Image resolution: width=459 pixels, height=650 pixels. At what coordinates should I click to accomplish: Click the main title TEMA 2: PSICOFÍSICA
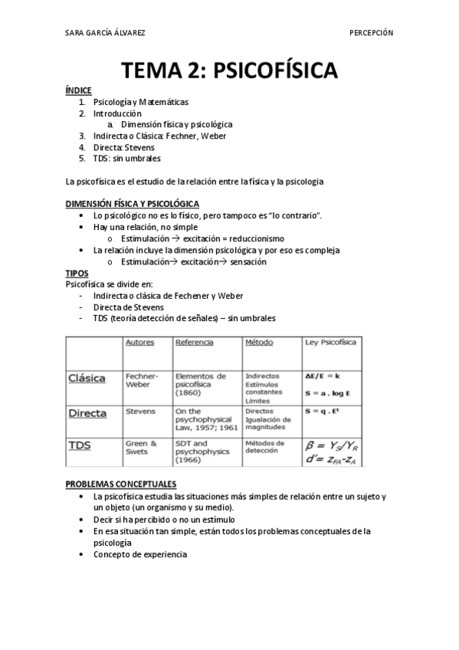click(x=229, y=71)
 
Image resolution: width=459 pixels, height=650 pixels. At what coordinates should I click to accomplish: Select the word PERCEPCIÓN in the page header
click(x=371, y=33)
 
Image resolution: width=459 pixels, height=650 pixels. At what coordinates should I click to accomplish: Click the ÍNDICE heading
click(x=79, y=90)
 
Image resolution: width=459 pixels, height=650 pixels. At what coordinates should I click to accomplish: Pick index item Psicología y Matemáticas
click(x=140, y=101)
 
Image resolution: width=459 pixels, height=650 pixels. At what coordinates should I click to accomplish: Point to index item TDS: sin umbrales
click(x=126, y=158)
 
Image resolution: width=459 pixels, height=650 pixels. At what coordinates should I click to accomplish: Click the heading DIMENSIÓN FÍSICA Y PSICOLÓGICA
click(x=133, y=203)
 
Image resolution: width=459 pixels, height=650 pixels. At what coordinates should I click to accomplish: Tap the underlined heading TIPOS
click(x=77, y=273)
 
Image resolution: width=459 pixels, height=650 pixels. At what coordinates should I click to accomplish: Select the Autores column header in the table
click(x=139, y=343)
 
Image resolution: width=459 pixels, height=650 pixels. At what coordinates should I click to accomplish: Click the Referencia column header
click(x=194, y=343)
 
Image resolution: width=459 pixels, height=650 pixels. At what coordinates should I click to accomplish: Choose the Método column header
click(x=259, y=343)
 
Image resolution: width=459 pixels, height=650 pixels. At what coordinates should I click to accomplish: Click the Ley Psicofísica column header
click(x=330, y=343)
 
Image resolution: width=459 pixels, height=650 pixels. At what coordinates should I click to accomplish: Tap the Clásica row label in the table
click(x=87, y=378)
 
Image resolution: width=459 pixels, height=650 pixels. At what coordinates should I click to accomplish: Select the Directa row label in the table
click(x=88, y=413)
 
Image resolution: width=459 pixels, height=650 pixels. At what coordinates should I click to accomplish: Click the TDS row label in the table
click(x=78, y=445)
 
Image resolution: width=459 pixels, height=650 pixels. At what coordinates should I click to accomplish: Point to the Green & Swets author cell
click(x=141, y=448)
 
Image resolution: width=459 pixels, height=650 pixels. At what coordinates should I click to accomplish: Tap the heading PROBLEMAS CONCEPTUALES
click(x=121, y=484)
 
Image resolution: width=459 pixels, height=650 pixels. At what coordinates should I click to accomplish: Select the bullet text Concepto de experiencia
click(x=139, y=554)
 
